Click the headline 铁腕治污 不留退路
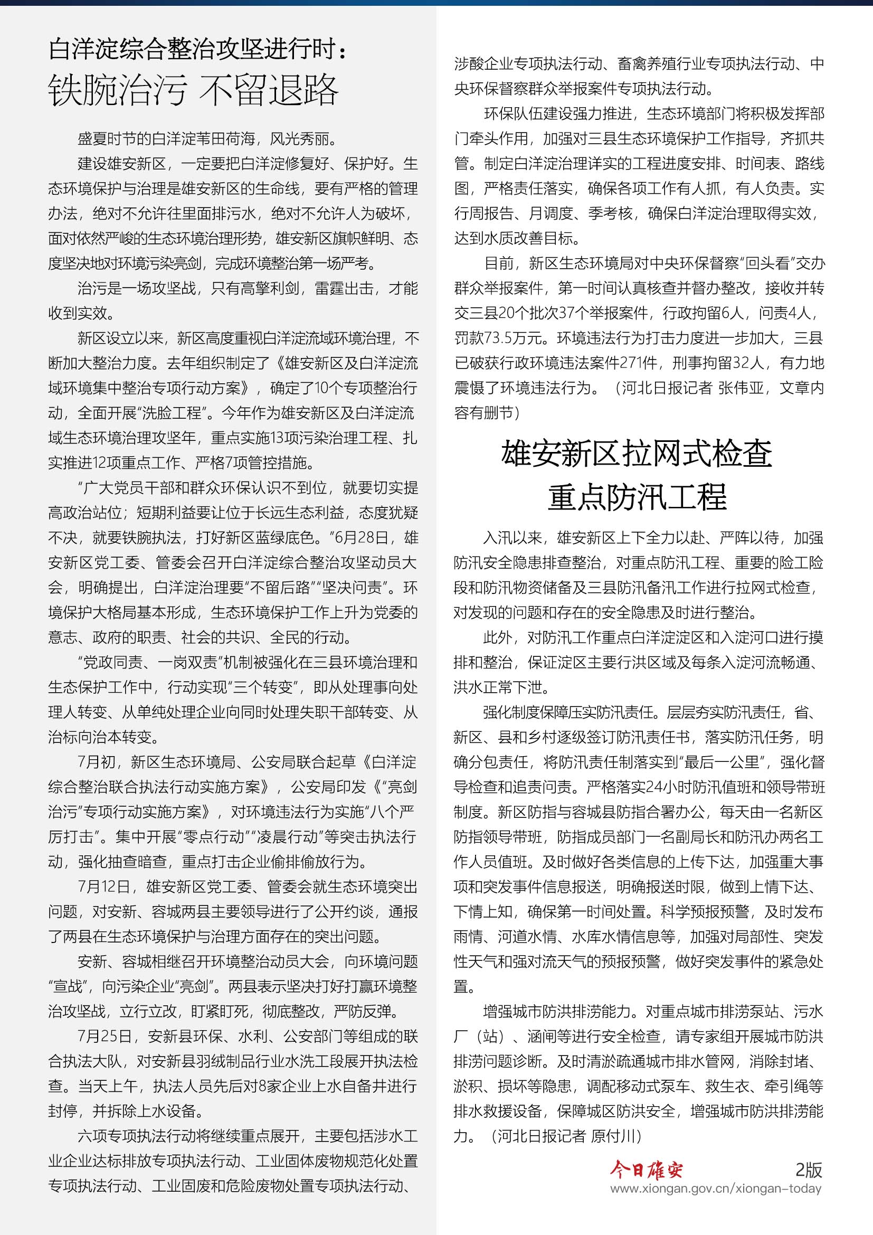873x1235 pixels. tap(193, 90)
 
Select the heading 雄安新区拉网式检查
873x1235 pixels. tap(637, 454)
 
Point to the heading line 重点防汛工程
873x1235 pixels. tap(637, 496)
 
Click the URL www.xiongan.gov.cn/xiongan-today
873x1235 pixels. tap(716, 1188)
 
